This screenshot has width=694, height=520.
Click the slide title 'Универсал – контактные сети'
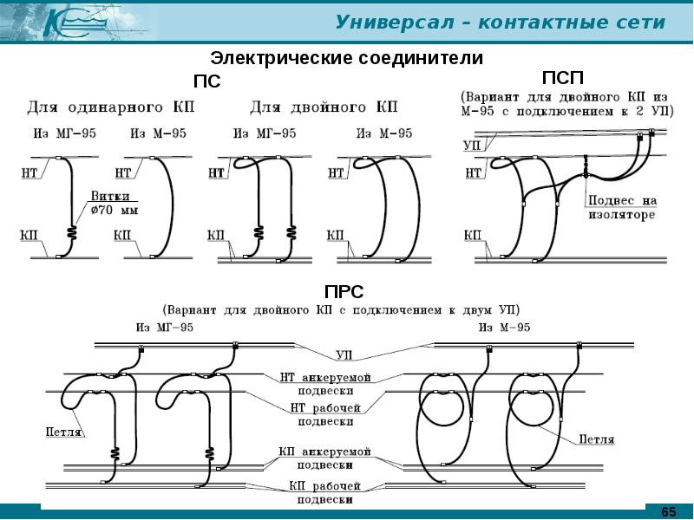click(501, 22)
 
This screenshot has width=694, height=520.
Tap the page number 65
click(669, 511)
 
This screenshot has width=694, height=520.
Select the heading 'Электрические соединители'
click(348, 59)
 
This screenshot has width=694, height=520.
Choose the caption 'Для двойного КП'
click(324, 108)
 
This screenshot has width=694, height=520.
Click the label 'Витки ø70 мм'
click(111, 204)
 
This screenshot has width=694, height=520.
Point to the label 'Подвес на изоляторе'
click(620, 207)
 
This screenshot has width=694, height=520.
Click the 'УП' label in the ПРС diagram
click(344, 355)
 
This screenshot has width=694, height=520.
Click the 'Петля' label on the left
click(63, 431)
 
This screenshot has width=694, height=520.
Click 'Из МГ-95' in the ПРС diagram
click(164, 327)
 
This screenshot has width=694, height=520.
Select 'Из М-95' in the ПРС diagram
click(502, 327)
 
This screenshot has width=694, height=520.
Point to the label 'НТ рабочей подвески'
click(325, 414)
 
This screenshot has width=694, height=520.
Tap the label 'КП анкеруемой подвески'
click(325, 458)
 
